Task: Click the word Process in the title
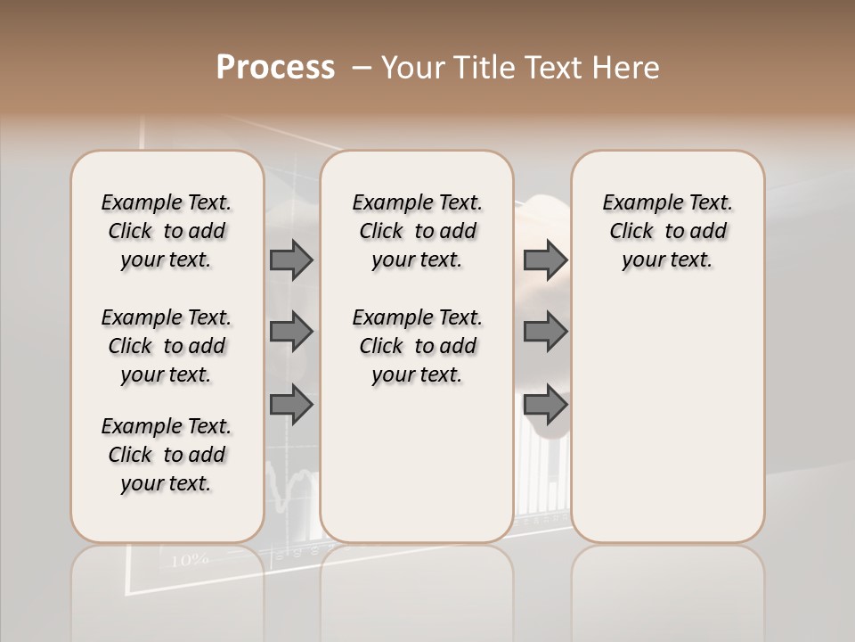(x=275, y=68)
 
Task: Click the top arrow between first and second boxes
(x=291, y=260)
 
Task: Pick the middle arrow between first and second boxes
(x=291, y=333)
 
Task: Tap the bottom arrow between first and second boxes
(x=291, y=406)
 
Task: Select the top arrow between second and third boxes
(x=545, y=260)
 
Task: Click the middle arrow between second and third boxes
(x=545, y=333)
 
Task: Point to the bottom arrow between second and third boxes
(x=545, y=406)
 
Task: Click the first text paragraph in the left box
(x=167, y=231)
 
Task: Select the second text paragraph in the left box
(x=167, y=346)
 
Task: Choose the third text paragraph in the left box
(x=167, y=455)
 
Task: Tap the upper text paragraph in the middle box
(x=417, y=231)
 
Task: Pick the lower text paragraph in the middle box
(x=417, y=346)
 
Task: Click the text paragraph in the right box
(x=668, y=231)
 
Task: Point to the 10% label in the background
(x=189, y=560)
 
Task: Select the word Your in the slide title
(x=415, y=68)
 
